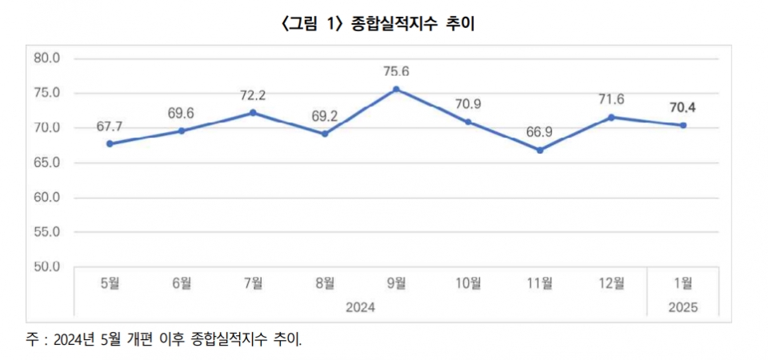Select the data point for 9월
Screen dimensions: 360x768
pos(397,89)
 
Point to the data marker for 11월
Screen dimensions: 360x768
pos(540,150)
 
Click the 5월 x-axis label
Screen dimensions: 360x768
pos(110,282)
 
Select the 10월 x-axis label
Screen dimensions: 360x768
pos(468,282)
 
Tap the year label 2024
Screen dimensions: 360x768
pos(360,307)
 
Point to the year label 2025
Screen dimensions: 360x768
pos(683,307)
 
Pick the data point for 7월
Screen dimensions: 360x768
pos(253,113)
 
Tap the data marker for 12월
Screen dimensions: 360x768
pos(612,117)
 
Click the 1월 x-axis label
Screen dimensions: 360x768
pos(683,282)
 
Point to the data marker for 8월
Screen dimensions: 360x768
pos(325,134)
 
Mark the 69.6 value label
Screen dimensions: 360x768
pos(182,112)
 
